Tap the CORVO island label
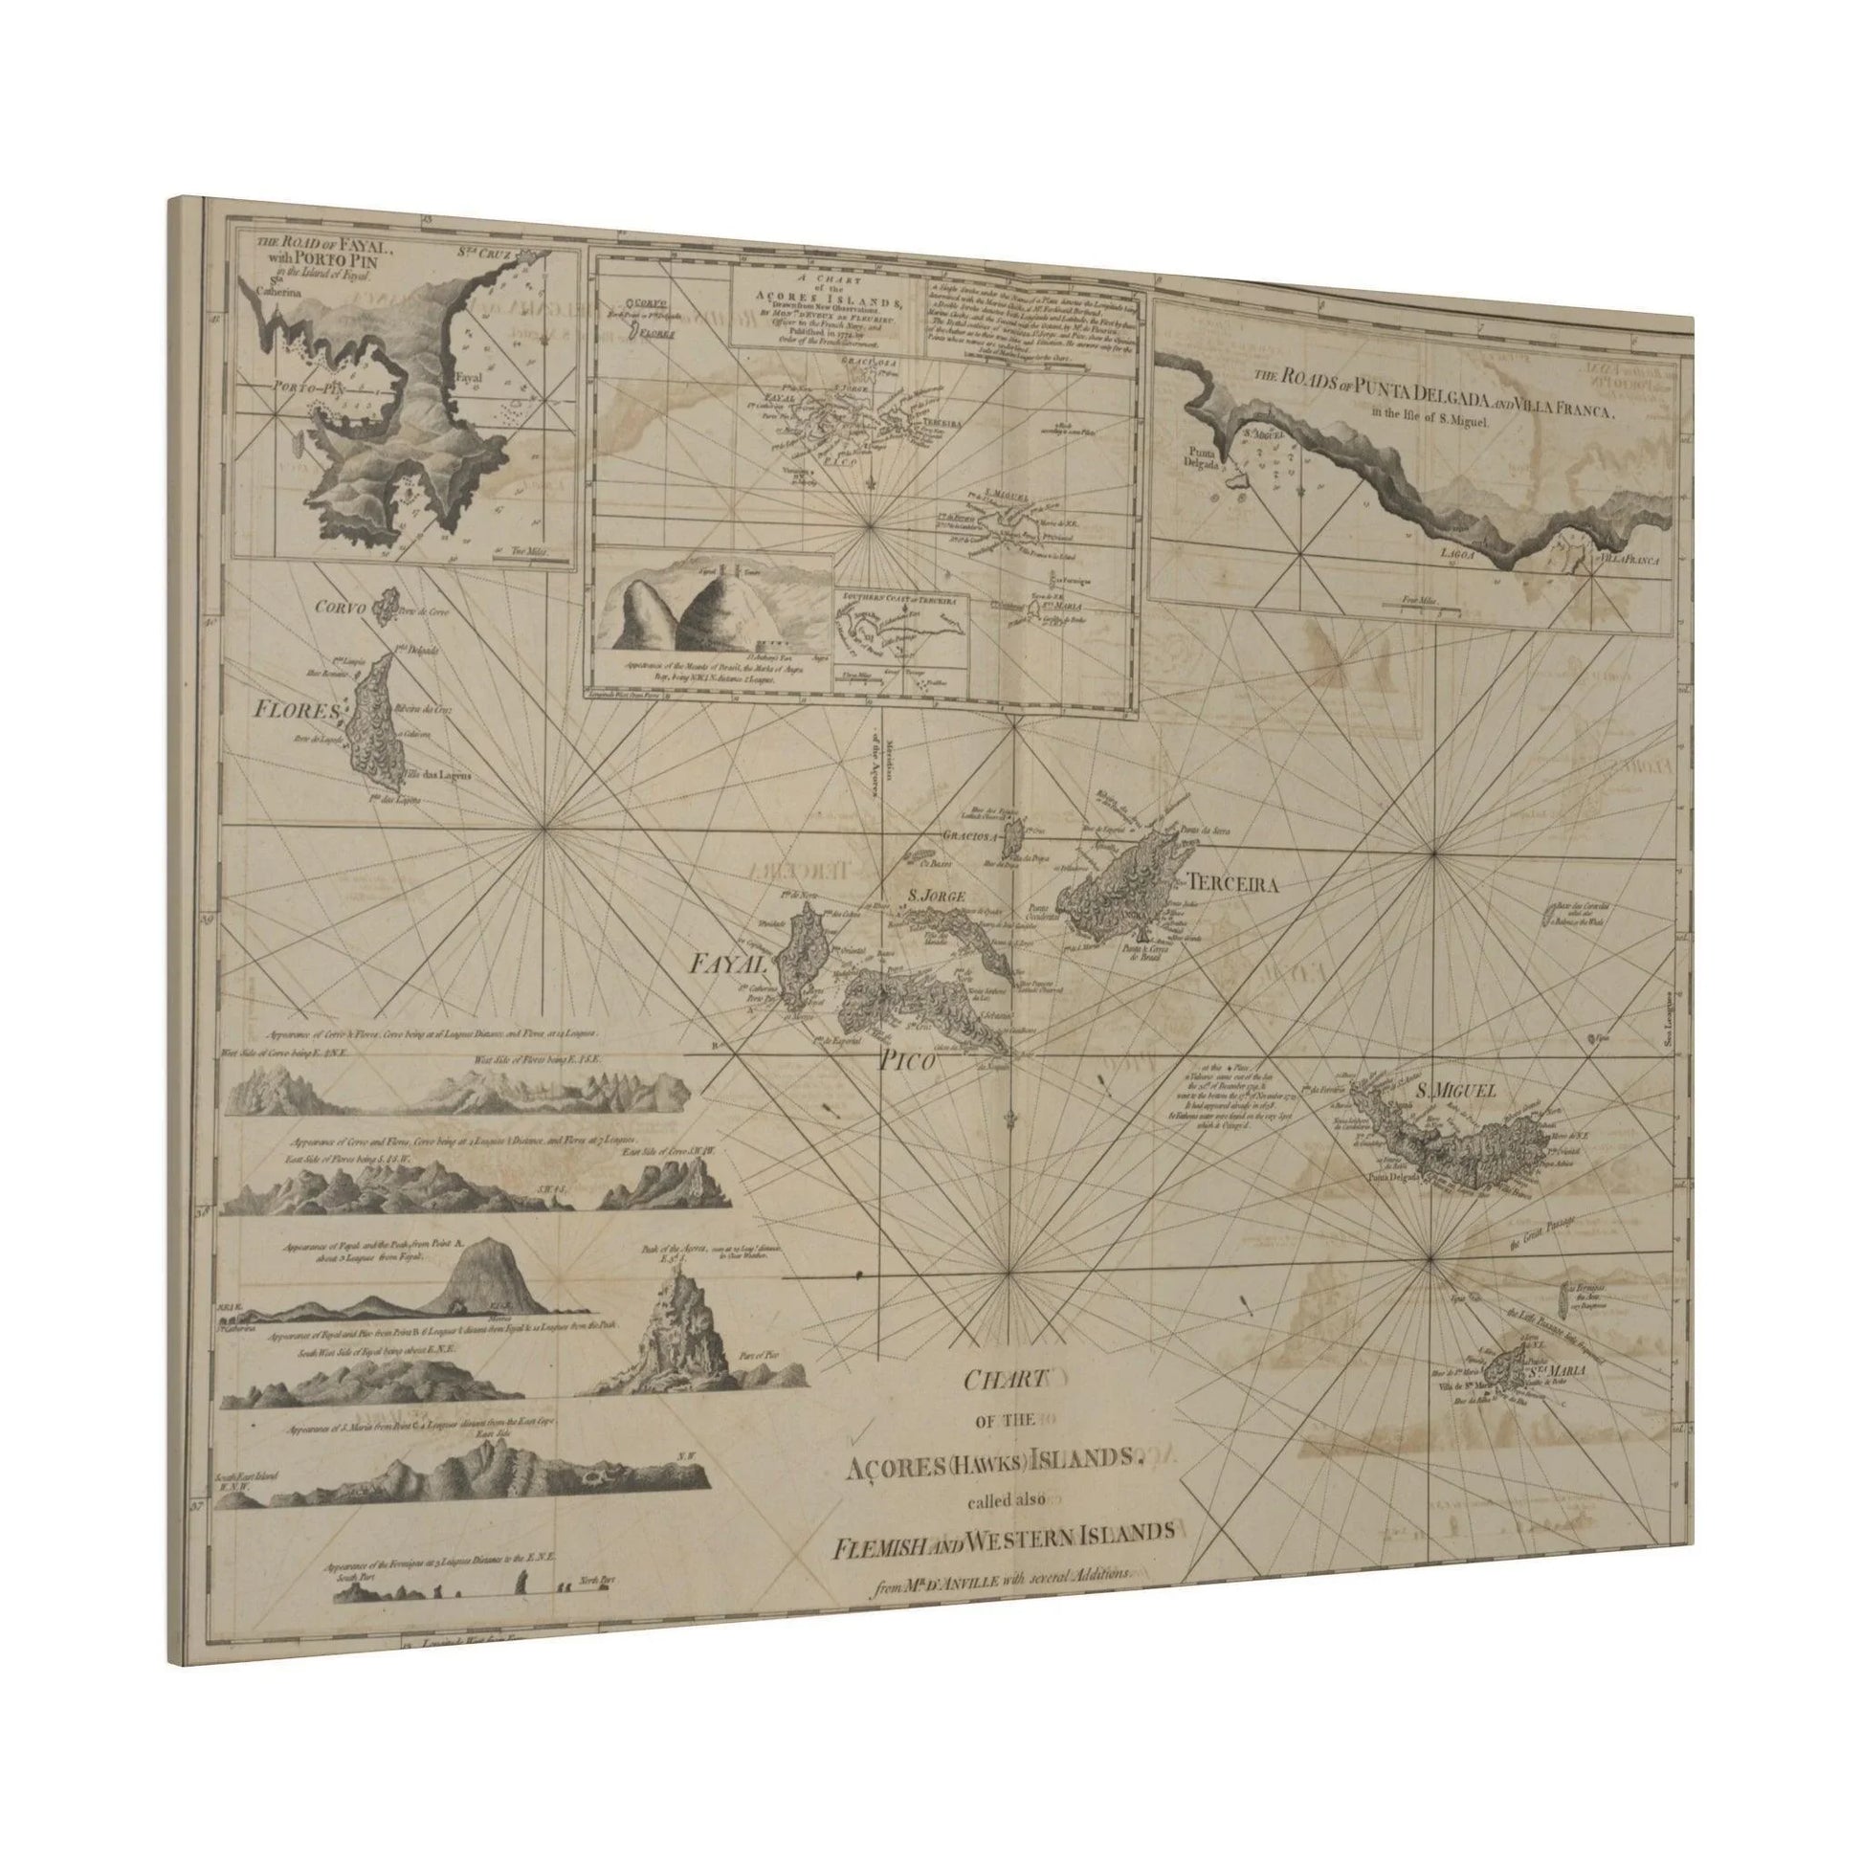click(x=343, y=609)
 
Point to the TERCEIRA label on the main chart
click(x=1232, y=884)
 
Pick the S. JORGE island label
click(x=931, y=896)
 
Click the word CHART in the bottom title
click(x=1006, y=1380)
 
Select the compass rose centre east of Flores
click(x=546, y=827)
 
